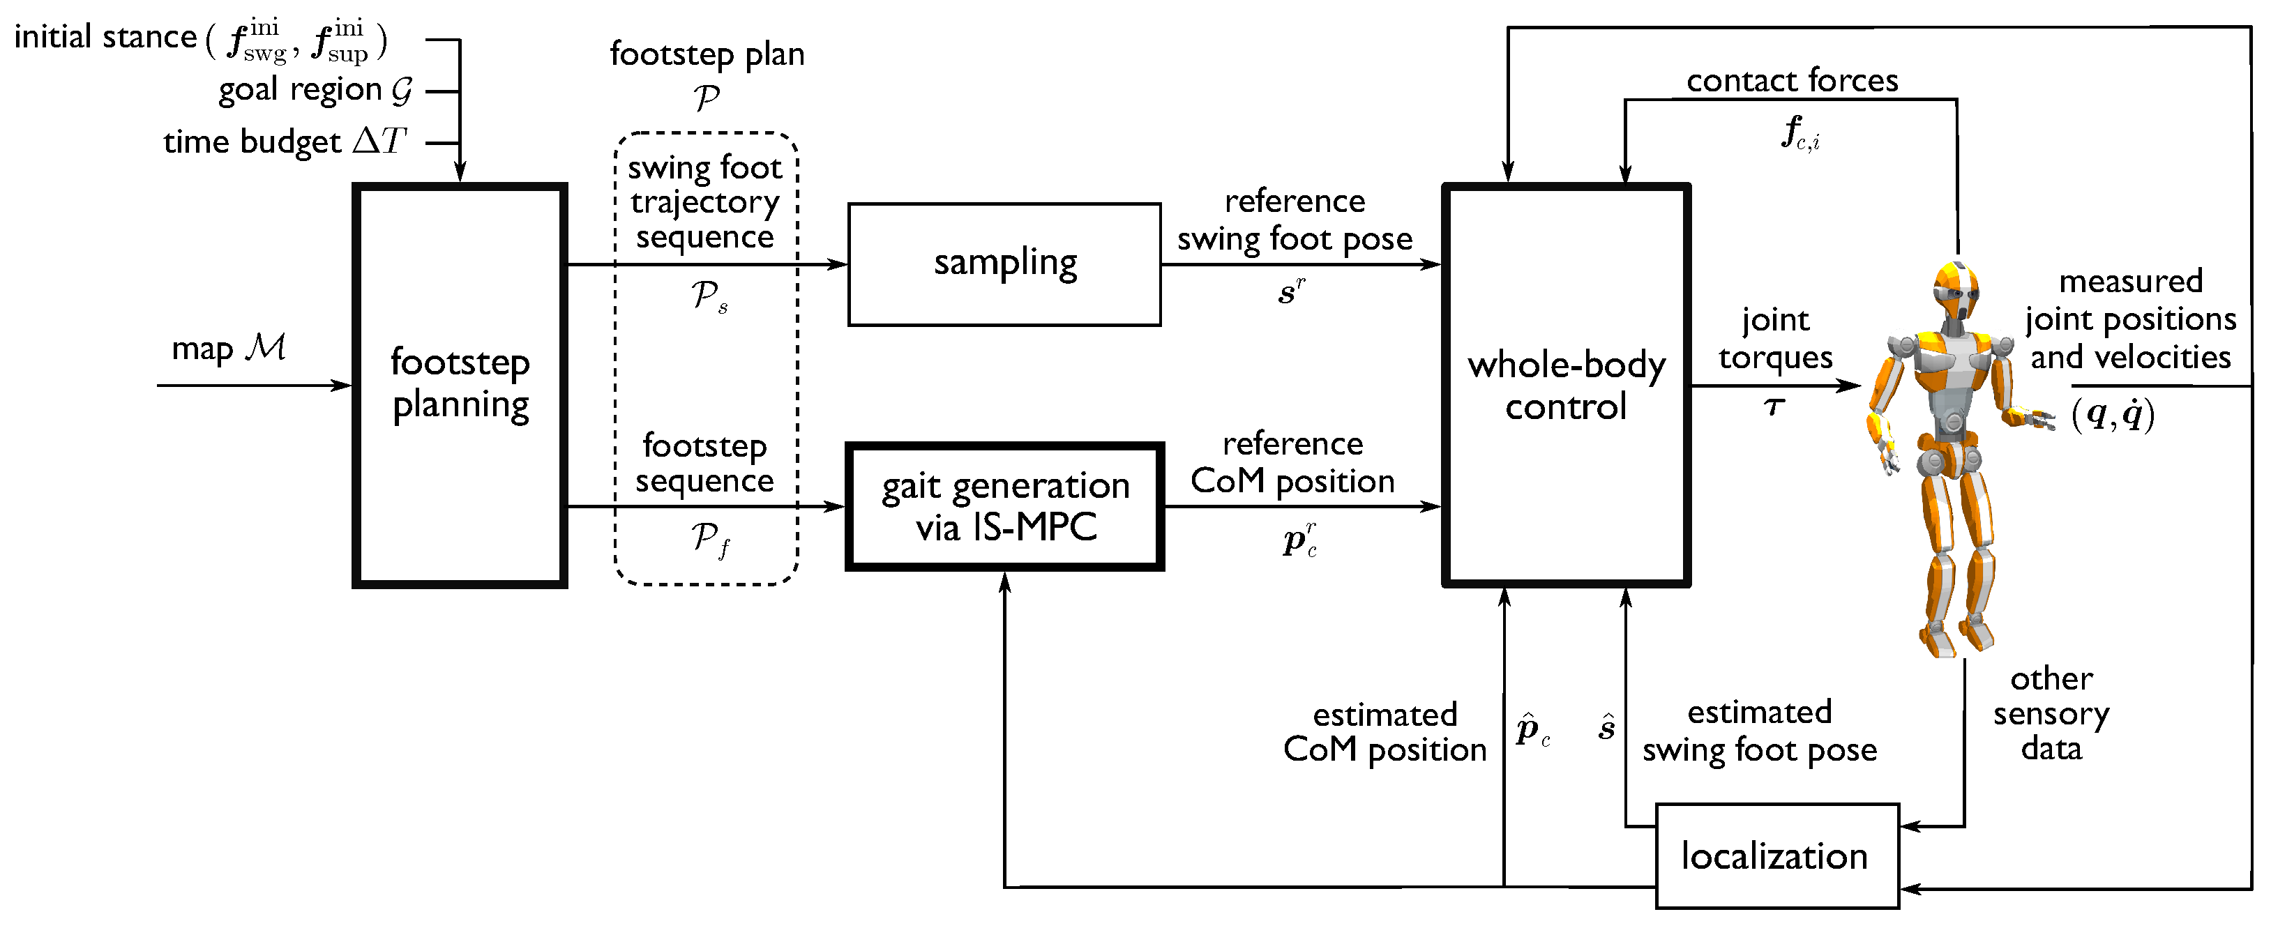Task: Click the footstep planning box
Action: click(x=460, y=385)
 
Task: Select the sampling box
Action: click(x=1004, y=264)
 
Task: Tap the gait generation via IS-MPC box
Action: click(x=1004, y=507)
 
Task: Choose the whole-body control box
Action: click(x=1566, y=385)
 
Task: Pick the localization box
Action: click(x=1776, y=855)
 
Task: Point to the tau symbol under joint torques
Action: click(x=1774, y=407)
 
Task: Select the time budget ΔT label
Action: click(x=285, y=141)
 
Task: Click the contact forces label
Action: click(x=1791, y=80)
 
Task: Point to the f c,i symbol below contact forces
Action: click(x=1800, y=134)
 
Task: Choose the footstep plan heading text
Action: click(x=707, y=54)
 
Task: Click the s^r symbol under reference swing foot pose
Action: click(x=1292, y=291)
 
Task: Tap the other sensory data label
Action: click(x=2051, y=713)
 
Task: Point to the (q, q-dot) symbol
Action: click(x=2113, y=414)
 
